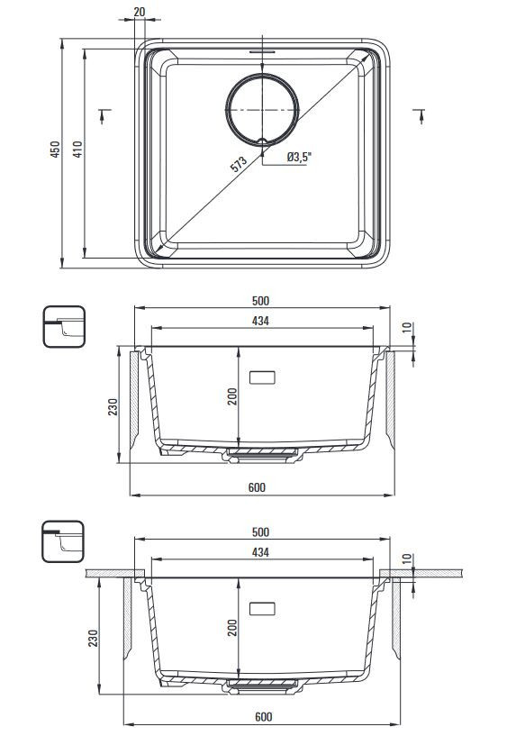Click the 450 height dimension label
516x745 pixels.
click(x=56, y=150)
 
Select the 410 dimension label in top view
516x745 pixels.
click(x=77, y=150)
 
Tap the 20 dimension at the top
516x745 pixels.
click(x=140, y=12)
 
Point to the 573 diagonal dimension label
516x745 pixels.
click(x=239, y=164)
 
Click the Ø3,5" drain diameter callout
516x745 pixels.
click(x=299, y=157)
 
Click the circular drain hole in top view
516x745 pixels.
click(x=263, y=110)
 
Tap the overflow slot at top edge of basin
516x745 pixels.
click(x=262, y=50)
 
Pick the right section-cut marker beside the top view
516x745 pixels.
click(x=420, y=115)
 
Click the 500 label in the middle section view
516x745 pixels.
click(x=260, y=301)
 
